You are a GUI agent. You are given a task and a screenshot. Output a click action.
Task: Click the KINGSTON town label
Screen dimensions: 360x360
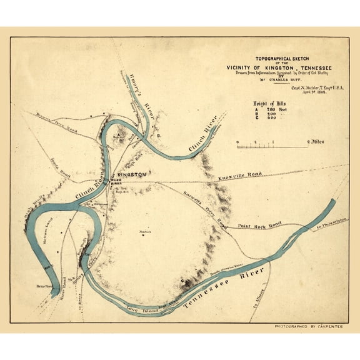pos(132,174)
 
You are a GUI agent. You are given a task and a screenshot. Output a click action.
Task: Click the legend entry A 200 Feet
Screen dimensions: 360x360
pos(269,109)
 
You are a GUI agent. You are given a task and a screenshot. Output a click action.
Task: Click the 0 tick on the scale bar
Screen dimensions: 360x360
pos(238,143)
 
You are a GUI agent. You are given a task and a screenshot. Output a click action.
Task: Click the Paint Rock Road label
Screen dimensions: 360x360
pos(259,223)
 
